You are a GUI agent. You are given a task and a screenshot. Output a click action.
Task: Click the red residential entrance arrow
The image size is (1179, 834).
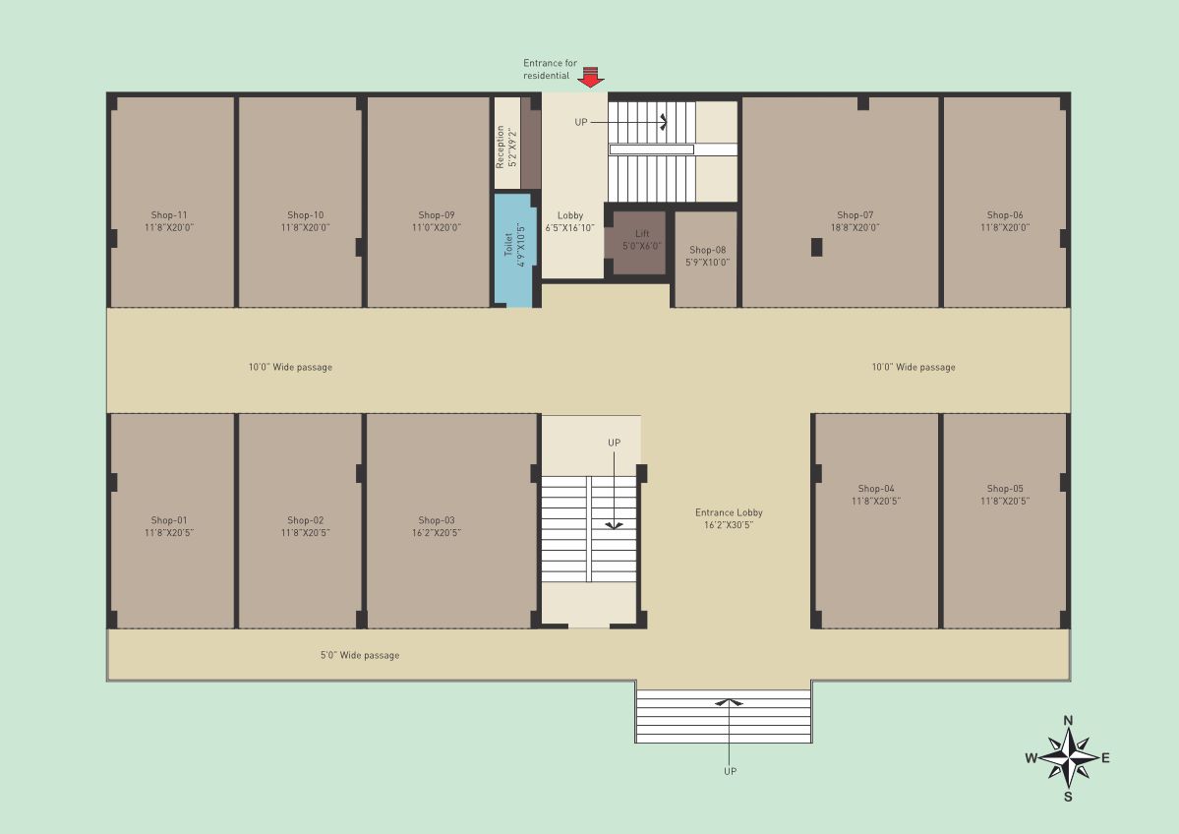click(590, 76)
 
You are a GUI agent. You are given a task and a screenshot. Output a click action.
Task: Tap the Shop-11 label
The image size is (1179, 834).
click(169, 215)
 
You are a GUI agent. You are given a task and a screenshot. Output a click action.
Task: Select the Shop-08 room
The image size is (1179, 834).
click(706, 259)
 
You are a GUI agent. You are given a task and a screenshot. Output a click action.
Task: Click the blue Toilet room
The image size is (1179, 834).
click(515, 251)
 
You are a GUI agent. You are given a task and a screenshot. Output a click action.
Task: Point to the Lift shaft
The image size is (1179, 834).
click(639, 243)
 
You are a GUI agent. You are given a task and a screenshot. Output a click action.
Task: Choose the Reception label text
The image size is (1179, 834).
click(501, 147)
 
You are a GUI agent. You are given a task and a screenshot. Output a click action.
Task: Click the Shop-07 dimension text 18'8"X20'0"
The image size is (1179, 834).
click(855, 227)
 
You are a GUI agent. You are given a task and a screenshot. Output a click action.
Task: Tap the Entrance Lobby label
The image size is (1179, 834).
click(729, 512)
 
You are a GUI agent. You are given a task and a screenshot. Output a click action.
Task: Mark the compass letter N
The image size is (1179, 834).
click(1068, 721)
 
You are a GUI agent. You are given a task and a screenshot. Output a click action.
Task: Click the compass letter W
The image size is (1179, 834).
click(1031, 758)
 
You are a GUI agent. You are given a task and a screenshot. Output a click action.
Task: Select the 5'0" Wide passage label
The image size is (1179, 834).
click(360, 655)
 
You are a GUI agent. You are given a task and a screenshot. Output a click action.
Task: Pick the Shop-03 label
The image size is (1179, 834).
click(437, 520)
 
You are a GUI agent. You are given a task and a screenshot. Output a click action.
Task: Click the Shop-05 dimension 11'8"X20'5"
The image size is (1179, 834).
click(1005, 501)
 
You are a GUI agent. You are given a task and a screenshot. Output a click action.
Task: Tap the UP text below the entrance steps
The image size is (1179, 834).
click(730, 772)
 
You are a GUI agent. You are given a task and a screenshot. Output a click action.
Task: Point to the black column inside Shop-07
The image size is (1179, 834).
click(816, 247)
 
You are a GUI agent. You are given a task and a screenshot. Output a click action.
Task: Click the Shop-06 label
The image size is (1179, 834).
click(1005, 215)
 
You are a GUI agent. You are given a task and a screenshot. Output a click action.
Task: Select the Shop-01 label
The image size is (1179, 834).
click(168, 520)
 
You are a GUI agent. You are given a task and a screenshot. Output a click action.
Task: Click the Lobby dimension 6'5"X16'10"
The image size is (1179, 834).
click(570, 228)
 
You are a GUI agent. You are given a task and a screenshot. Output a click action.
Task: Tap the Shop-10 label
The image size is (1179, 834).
click(305, 215)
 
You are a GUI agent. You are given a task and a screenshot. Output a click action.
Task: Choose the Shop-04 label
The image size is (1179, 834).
click(876, 489)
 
